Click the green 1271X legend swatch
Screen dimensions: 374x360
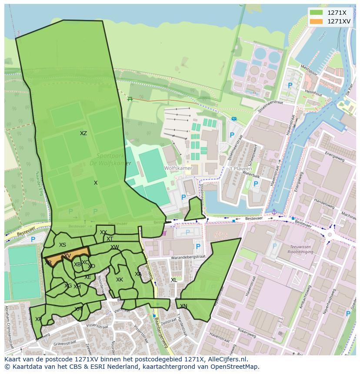(317, 13)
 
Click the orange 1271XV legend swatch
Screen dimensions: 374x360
(317, 21)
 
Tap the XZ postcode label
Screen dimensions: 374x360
(83, 133)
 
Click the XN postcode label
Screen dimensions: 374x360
(183, 306)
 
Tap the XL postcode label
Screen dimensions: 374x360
(174, 280)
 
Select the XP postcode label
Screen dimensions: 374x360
(38, 319)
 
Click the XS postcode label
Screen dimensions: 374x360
(63, 245)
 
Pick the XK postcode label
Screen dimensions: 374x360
(120, 280)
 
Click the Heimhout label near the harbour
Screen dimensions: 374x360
(313, 93)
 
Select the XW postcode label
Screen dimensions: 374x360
(115, 247)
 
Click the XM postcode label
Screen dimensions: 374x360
(78, 309)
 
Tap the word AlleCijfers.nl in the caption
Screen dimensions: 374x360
(225, 359)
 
